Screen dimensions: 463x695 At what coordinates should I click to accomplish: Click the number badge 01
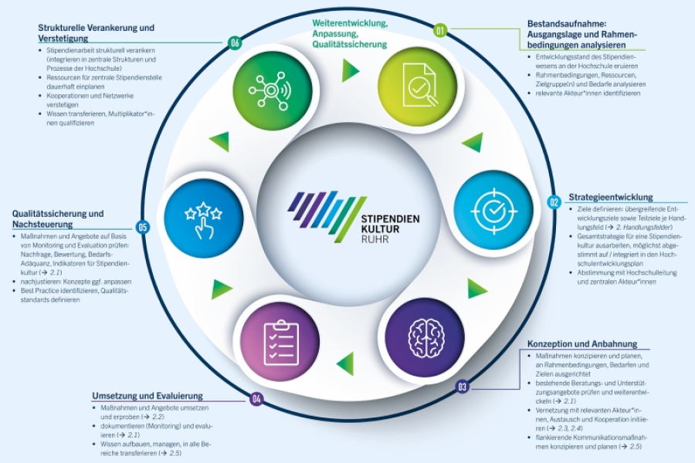[441, 31]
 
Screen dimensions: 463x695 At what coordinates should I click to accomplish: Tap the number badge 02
[554, 202]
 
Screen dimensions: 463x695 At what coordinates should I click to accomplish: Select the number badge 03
[462, 387]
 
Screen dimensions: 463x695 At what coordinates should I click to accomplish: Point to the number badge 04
[256, 399]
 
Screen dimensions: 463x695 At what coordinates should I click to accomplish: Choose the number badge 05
[141, 227]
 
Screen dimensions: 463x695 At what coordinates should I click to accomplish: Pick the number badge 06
[236, 43]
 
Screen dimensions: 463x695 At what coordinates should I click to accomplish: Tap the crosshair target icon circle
[493, 208]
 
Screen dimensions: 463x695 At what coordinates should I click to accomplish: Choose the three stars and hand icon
[203, 219]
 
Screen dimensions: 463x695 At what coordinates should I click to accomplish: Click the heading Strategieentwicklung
[611, 197]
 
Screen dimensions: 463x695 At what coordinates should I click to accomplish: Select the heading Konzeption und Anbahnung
[581, 343]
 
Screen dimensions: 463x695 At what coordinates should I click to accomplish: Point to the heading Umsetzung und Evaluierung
[147, 396]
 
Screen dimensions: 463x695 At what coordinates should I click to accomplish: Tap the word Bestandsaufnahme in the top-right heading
[569, 24]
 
